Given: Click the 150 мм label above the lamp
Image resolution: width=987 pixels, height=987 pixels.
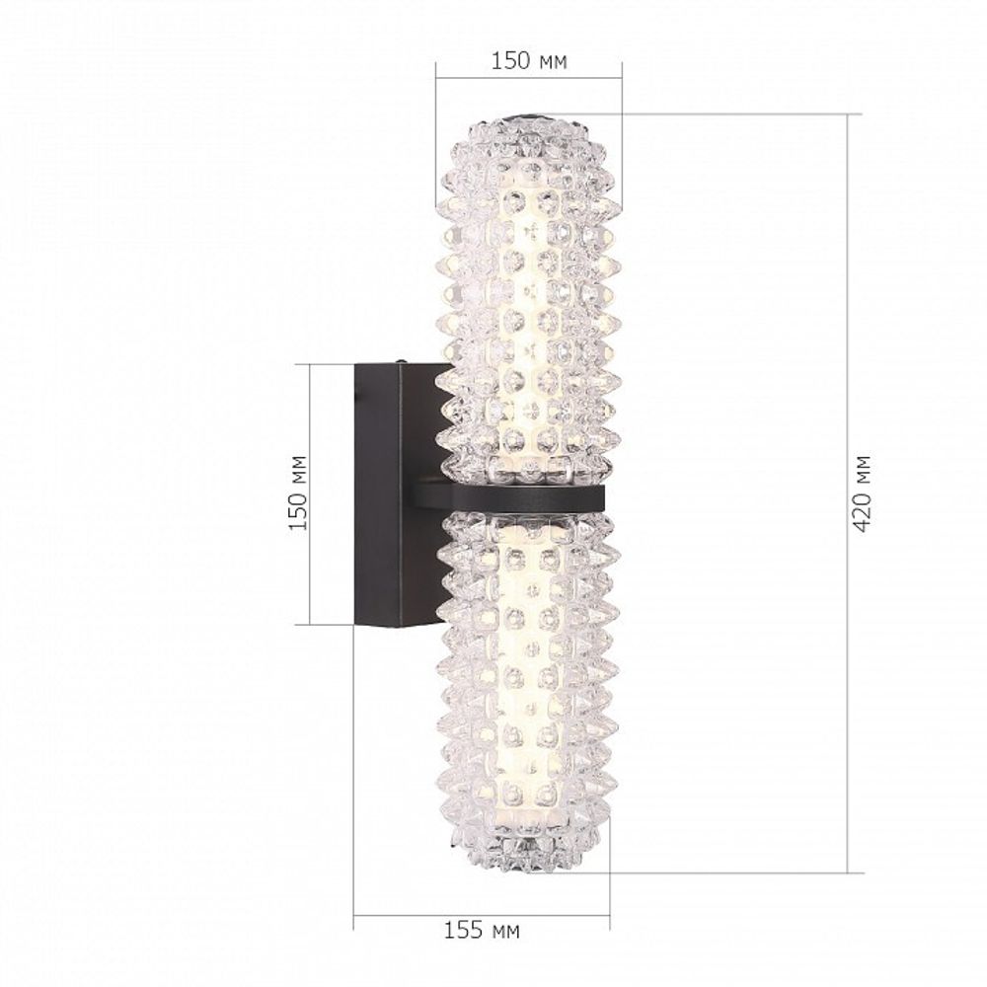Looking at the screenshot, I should [529, 61].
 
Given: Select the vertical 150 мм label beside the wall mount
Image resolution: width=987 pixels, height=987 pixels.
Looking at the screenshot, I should [297, 493].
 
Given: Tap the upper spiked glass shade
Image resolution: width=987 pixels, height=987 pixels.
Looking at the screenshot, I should [528, 296].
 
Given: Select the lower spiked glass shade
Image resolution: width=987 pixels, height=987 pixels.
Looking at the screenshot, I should [528, 691].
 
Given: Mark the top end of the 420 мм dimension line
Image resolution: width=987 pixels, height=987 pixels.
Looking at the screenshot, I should [849, 114].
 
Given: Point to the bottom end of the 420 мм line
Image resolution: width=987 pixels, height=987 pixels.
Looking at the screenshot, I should [849, 873].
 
